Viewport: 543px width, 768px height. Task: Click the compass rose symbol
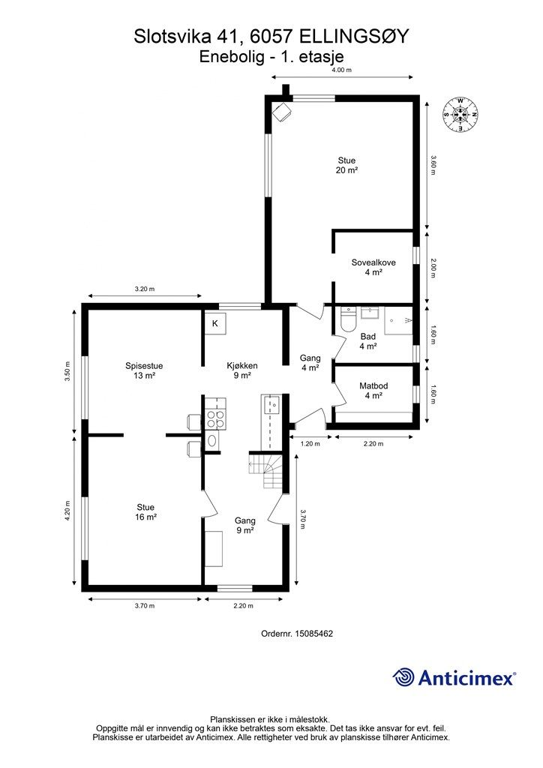click(460, 115)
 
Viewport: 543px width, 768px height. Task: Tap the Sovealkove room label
click(373, 262)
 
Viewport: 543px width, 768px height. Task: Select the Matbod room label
click(373, 386)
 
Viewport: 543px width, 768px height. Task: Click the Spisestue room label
click(144, 366)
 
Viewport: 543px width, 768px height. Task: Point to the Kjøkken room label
click(242, 366)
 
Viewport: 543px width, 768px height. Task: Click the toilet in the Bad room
click(348, 319)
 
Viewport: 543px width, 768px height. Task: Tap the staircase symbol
click(265, 471)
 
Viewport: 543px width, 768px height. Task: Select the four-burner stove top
click(216, 420)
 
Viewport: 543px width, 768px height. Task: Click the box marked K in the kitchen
click(215, 323)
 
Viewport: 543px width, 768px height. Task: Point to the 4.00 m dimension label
click(342, 70)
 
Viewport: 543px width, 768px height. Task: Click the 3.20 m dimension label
click(145, 289)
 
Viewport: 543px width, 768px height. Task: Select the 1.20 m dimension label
click(310, 444)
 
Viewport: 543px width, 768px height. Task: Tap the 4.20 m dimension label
click(67, 511)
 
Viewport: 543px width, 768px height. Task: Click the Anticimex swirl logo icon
click(403, 677)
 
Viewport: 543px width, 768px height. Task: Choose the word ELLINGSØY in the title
click(353, 36)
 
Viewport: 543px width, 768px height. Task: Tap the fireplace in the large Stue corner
click(282, 112)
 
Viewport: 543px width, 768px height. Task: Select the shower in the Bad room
click(398, 320)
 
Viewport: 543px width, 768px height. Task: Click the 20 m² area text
click(346, 170)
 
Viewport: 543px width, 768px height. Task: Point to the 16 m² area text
click(145, 517)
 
